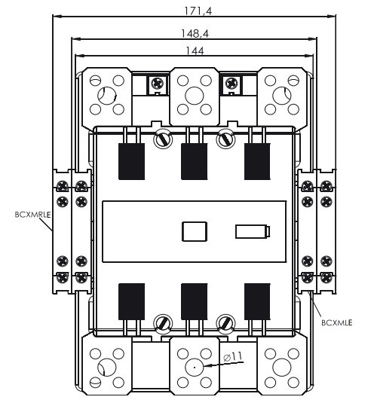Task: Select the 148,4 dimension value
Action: point(195,34)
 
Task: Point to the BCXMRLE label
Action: point(32,214)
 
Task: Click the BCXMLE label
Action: point(336,322)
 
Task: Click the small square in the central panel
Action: point(194,231)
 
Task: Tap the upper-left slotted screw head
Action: point(163,139)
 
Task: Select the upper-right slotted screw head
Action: point(225,139)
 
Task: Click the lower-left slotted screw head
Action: point(163,324)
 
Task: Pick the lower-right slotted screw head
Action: point(225,324)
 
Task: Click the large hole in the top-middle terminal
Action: point(194,96)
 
